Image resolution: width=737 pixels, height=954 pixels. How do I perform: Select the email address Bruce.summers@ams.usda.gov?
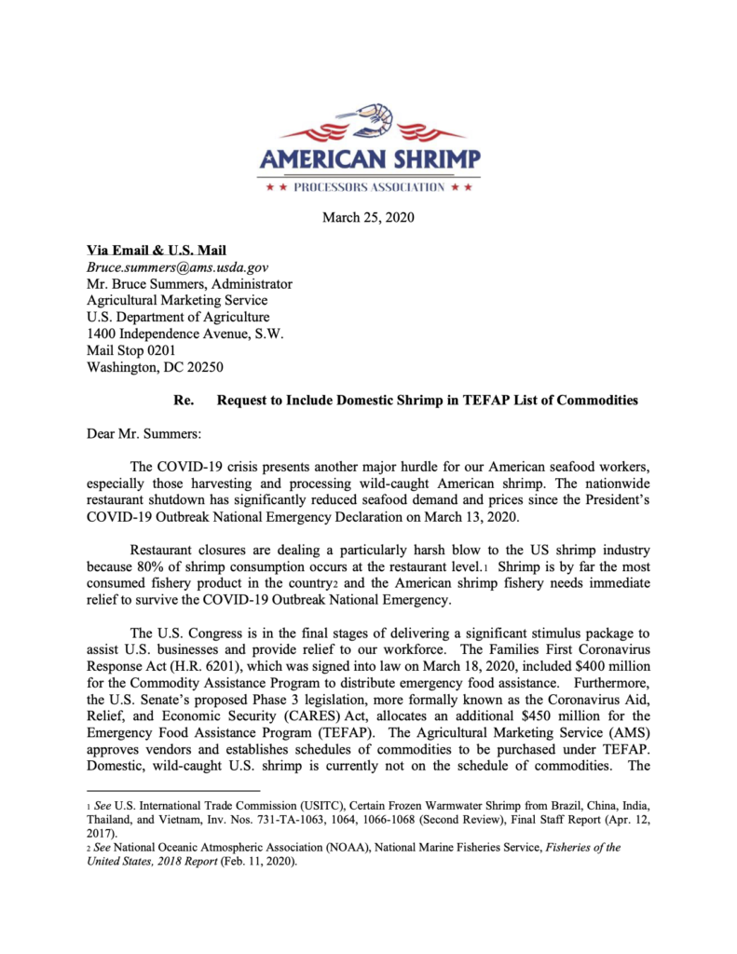click(x=177, y=267)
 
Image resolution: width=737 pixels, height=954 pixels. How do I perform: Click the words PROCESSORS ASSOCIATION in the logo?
click(x=369, y=187)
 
